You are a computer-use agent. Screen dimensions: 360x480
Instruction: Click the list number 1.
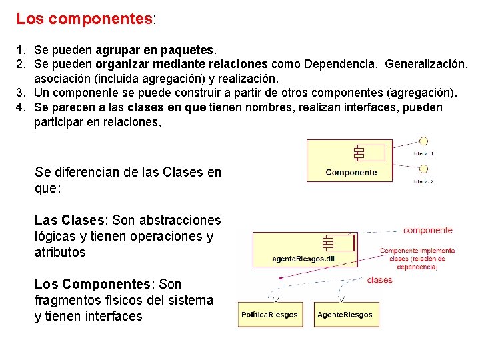point(21,50)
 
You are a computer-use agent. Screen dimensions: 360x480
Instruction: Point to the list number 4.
point(21,107)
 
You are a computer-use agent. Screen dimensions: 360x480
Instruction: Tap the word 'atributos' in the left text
point(60,252)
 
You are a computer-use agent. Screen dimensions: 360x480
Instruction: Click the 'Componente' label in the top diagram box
point(351,172)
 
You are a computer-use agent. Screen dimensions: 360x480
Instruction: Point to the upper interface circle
point(423,141)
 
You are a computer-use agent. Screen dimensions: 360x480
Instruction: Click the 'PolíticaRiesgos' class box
point(269,315)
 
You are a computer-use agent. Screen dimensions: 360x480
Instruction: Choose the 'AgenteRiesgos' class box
point(345,315)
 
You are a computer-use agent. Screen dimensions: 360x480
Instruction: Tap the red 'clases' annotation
point(379,280)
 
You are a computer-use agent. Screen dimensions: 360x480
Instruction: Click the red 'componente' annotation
point(427,231)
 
